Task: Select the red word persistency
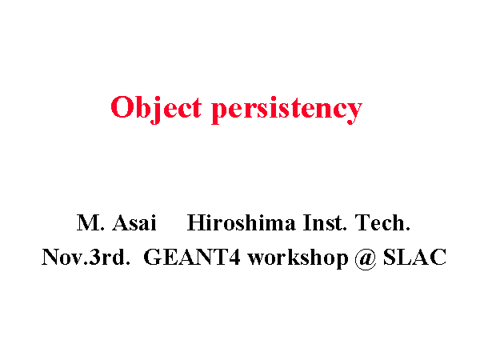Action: click(x=287, y=110)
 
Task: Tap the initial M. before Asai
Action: click(x=90, y=222)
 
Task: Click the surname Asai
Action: click(x=134, y=222)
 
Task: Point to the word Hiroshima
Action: click(x=242, y=222)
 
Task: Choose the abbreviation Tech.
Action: click(x=382, y=222)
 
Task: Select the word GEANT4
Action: click(x=192, y=257)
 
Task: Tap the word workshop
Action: click(x=298, y=259)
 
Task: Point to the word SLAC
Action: click(x=414, y=257)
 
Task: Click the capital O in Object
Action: click(x=122, y=107)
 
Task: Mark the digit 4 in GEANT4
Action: click(x=234, y=257)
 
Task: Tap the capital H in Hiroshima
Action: click(x=196, y=222)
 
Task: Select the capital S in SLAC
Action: click(x=390, y=257)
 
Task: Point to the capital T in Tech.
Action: click(x=362, y=222)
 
